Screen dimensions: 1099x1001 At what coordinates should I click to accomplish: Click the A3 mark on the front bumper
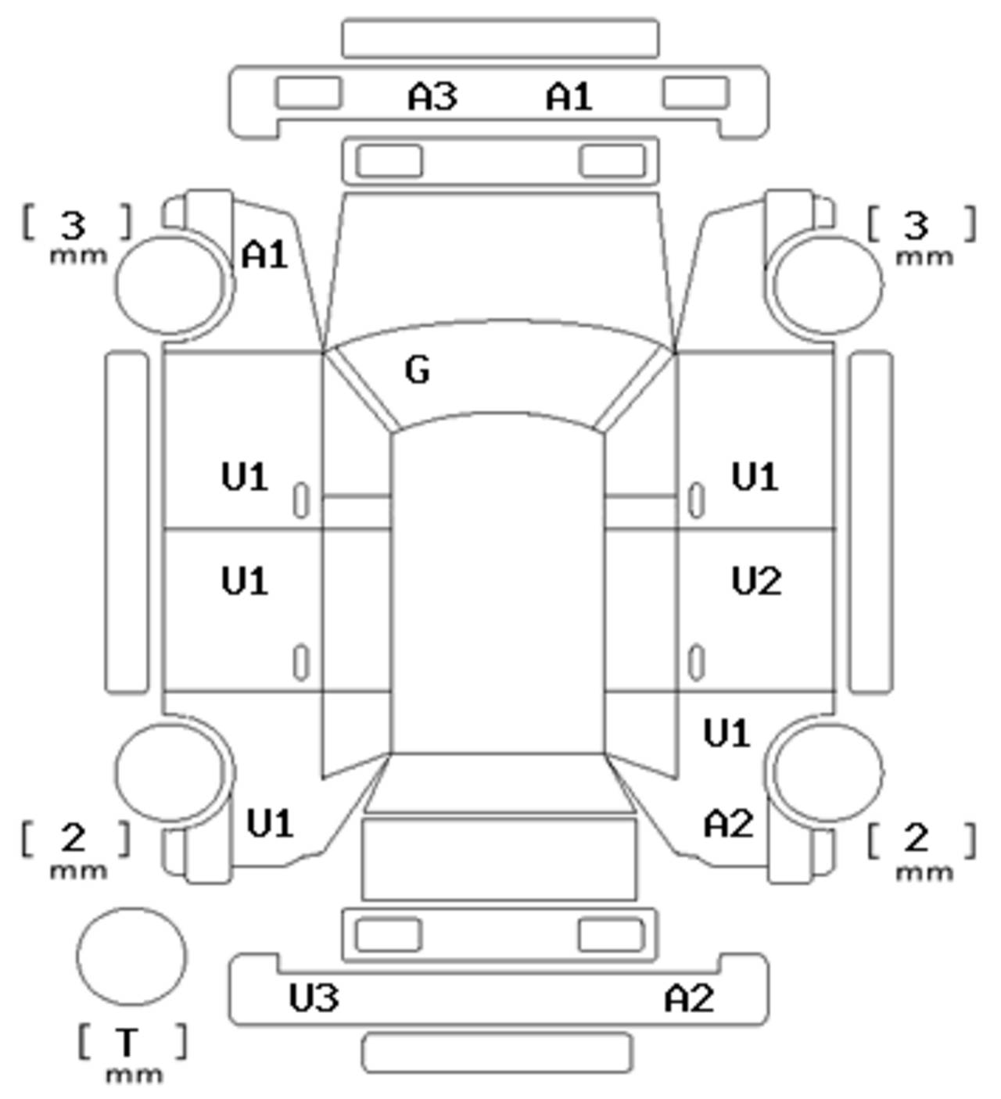(x=432, y=97)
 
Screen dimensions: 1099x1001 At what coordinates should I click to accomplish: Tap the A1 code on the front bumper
(x=569, y=97)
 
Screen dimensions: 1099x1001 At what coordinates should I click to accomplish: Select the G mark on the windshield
(x=418, y=370)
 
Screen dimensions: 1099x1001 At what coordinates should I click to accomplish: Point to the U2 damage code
(x=756, y=582)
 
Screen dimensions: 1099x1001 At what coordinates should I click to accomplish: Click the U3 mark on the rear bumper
(x=314, y=998)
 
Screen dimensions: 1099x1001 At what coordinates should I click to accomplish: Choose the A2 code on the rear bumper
(x=689, y=998)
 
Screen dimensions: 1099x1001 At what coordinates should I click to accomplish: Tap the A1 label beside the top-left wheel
(x=265, y=255)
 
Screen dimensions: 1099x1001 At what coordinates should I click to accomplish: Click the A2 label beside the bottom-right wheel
(x=729, y=824)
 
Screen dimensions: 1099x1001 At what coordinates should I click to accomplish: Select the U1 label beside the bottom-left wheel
(x=270, y=824)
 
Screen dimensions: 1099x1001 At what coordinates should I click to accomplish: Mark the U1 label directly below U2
(x=727, y=733)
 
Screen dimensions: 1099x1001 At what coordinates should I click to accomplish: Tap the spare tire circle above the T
(x=131, y=956)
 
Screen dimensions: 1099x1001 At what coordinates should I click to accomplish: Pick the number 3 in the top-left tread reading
(x=74, y=226)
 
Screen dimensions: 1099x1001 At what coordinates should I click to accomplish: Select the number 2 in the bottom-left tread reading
(x=74, y=839)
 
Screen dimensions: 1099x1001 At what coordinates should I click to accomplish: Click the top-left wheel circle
(x=170, y=283)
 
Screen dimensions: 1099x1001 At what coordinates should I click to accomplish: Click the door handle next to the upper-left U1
(x=300, y=500)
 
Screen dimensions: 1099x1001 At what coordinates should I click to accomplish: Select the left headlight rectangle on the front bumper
(x=308, y=92)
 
